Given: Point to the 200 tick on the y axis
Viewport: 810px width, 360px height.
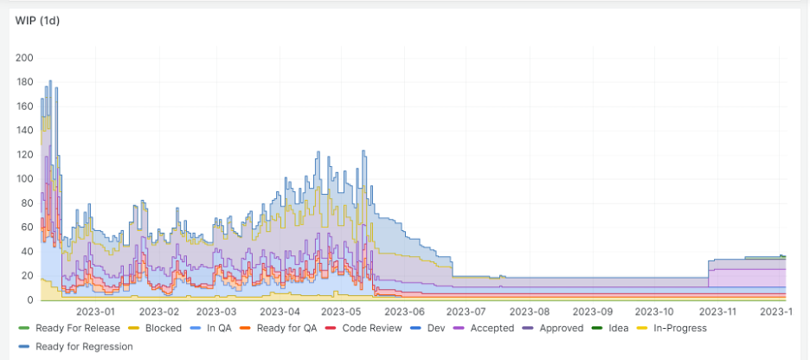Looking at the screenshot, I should pyautogui.click(x=25, y=58).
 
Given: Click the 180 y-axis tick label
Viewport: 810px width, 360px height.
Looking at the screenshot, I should pyautogui.click(x=25, y=82).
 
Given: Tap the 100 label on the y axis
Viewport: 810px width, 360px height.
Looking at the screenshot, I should pyautogui.click(x=25, y=179).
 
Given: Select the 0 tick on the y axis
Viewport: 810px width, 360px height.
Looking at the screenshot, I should pyautogui.click(x=29, y=300).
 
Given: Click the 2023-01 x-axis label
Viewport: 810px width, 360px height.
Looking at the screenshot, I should pyautogui.click(x=96, y=312).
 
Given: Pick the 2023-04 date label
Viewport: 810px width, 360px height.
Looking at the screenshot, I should pyautogui.click(x=280, y=312).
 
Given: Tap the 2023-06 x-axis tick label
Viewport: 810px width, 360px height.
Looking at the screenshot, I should pyautogui.click(x=404, y=312).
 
